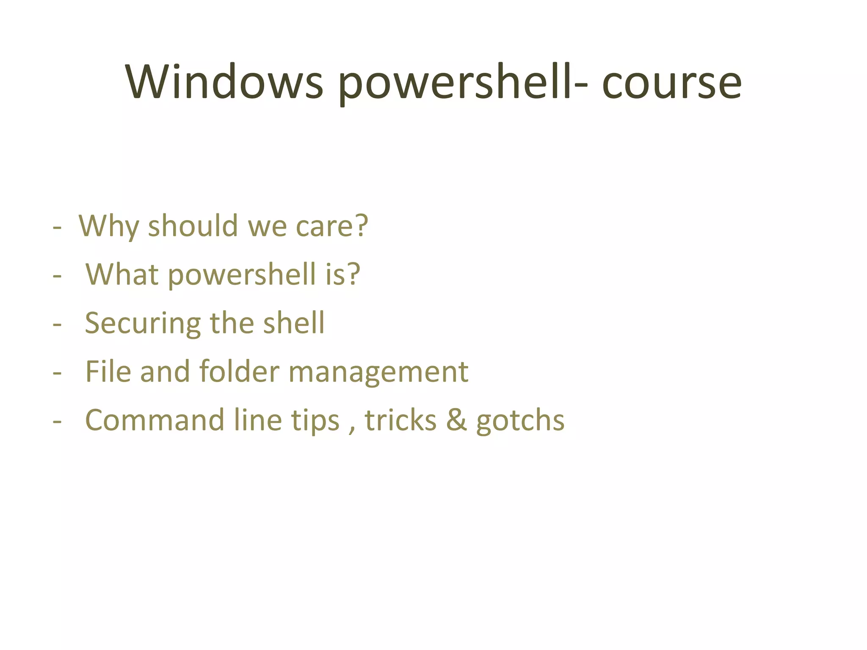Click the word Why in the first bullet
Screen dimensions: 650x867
[109, 227]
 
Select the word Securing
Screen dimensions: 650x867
[143, 324]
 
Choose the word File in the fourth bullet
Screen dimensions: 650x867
[108, 372]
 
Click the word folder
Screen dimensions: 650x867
[239, 372]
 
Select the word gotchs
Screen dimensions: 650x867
[520, 421]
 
